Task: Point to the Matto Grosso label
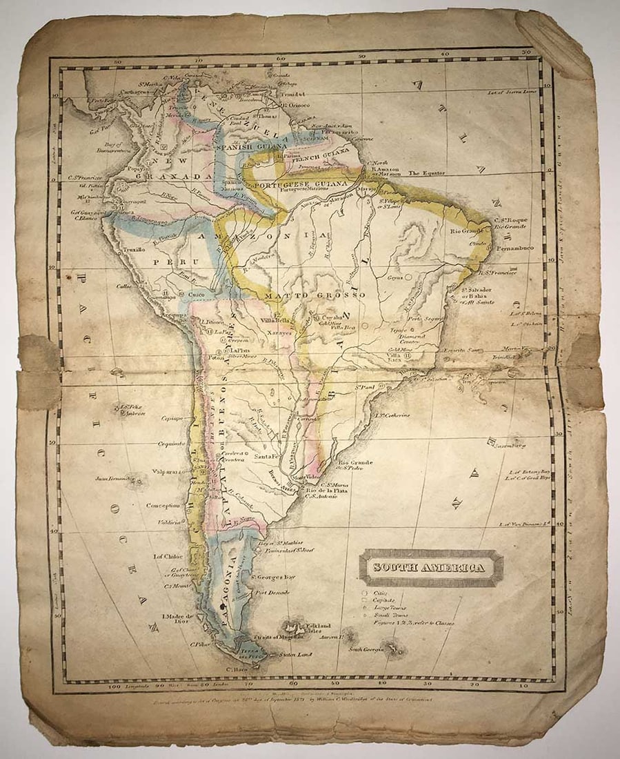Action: click(x=331, y=295)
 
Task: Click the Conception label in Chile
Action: click(x=163, y=505)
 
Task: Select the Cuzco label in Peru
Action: click(x=197, y=295)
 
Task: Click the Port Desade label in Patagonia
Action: click(x=270, y=592)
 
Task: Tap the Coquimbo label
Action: click(x=169, y=444)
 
